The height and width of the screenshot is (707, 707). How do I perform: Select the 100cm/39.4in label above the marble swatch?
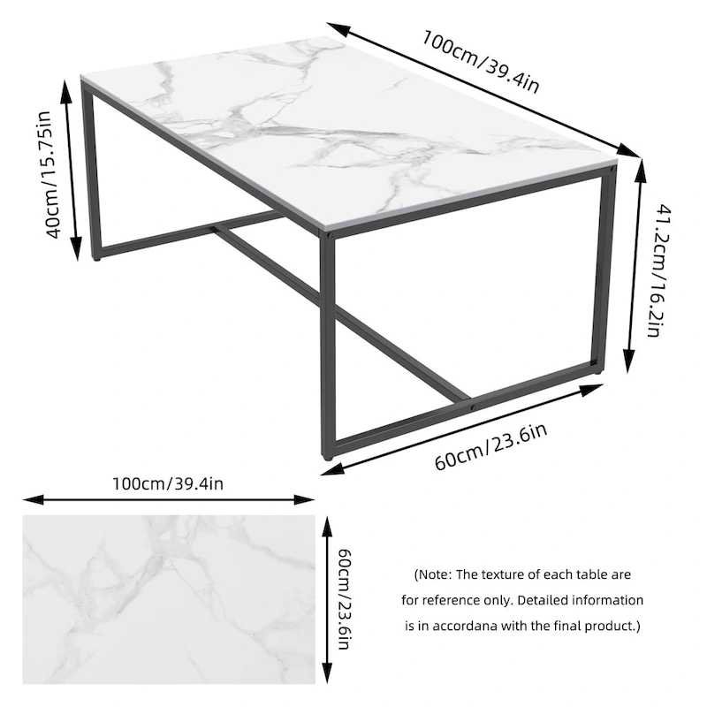pyautogui.click(x=168, y=484)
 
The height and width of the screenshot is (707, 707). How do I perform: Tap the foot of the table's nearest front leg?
pyautogui.click(x=328, y=459)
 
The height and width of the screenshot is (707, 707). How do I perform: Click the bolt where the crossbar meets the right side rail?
pyautogui.click(x=474, y=406)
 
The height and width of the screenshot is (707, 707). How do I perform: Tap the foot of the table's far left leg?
pyautogui.click(x=95, y=260)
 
